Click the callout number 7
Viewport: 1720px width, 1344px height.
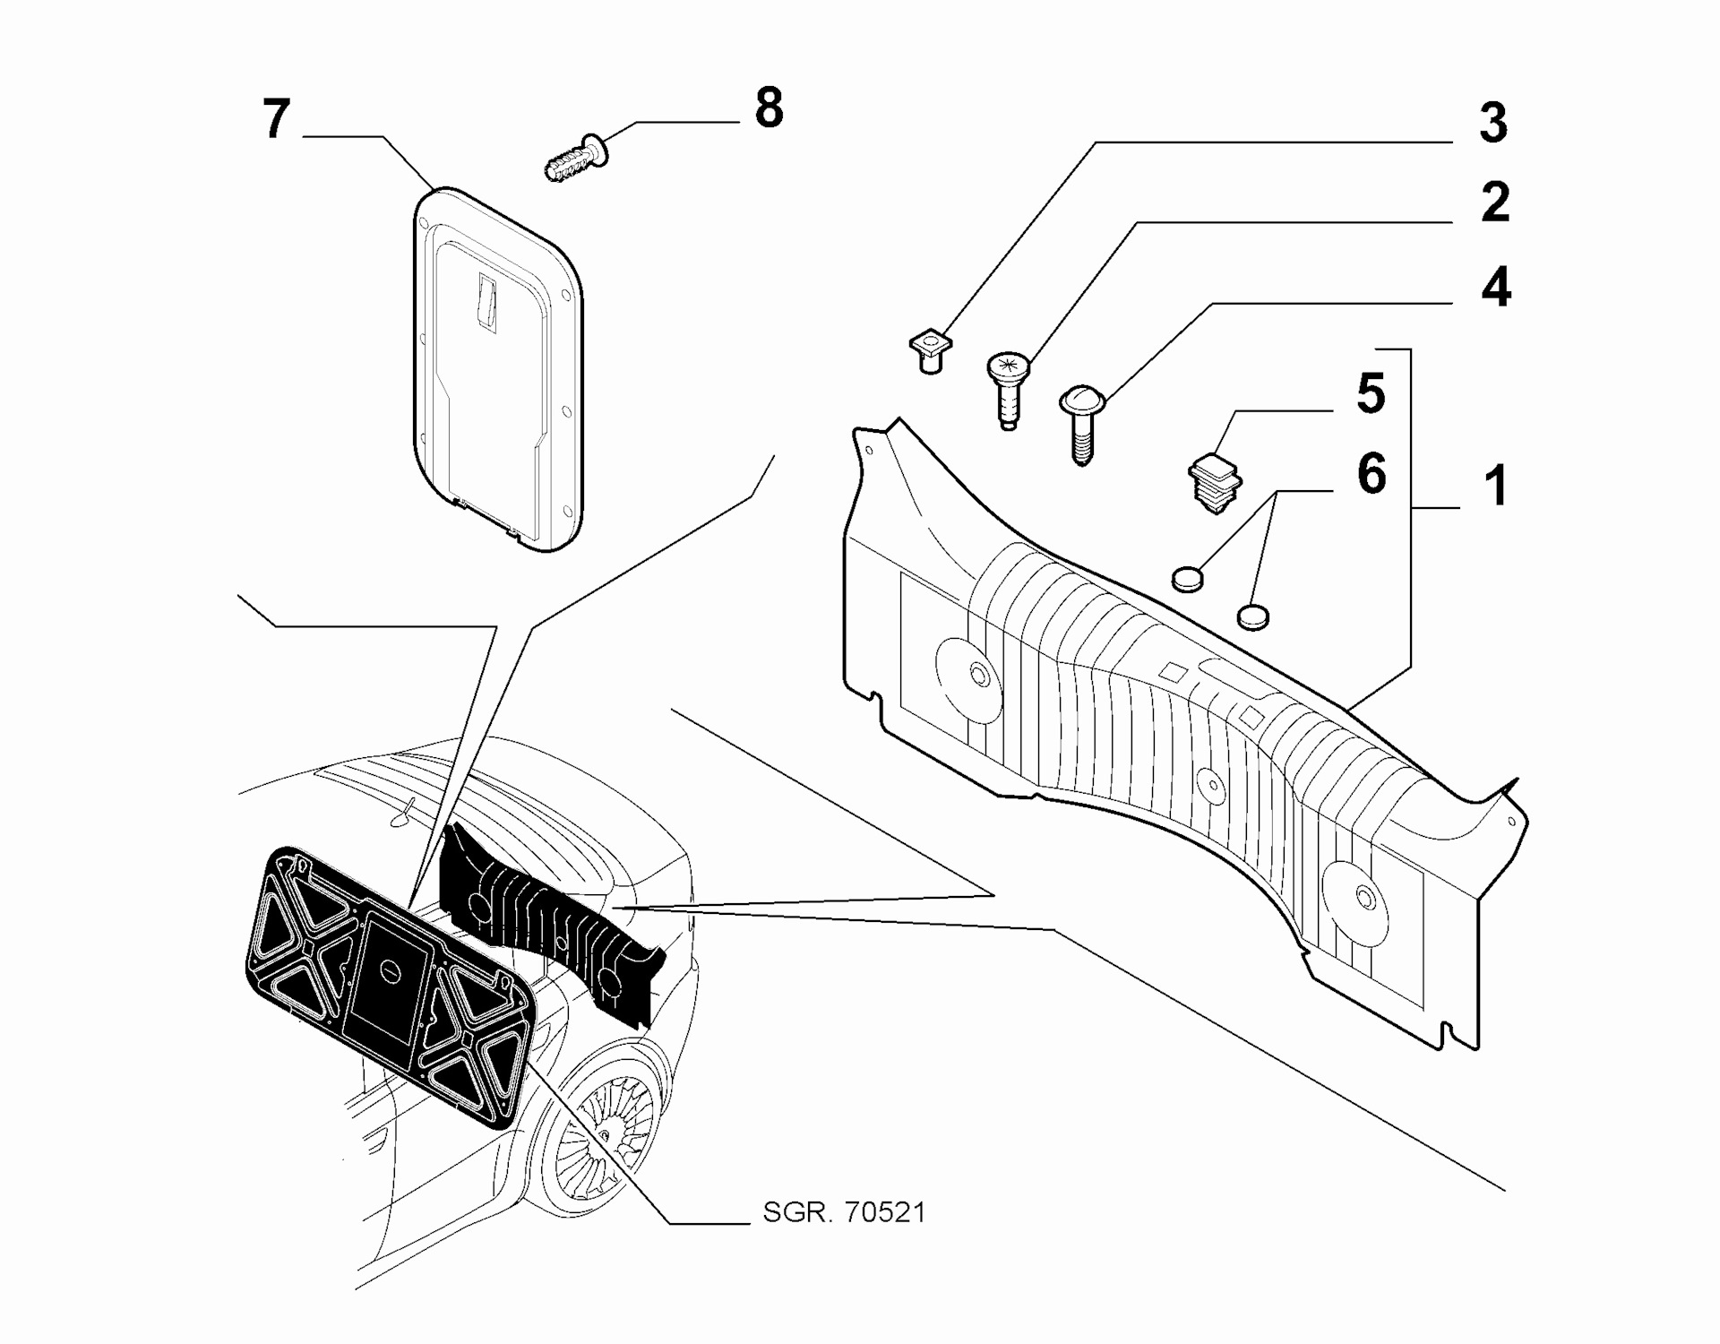pos(277,118)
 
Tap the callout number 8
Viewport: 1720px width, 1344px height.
pos(769,108)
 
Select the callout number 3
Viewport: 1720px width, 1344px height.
pos(1492,123)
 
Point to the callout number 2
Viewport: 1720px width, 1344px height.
pos(1494,202)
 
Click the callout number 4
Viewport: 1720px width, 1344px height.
pos(1495,288)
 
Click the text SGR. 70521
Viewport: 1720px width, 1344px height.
pos(843,1213)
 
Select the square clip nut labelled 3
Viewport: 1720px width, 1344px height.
pos(931,351)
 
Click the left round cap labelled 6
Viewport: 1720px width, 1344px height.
pos(1187,579)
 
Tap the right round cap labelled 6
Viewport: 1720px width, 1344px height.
pos(1253,616)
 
